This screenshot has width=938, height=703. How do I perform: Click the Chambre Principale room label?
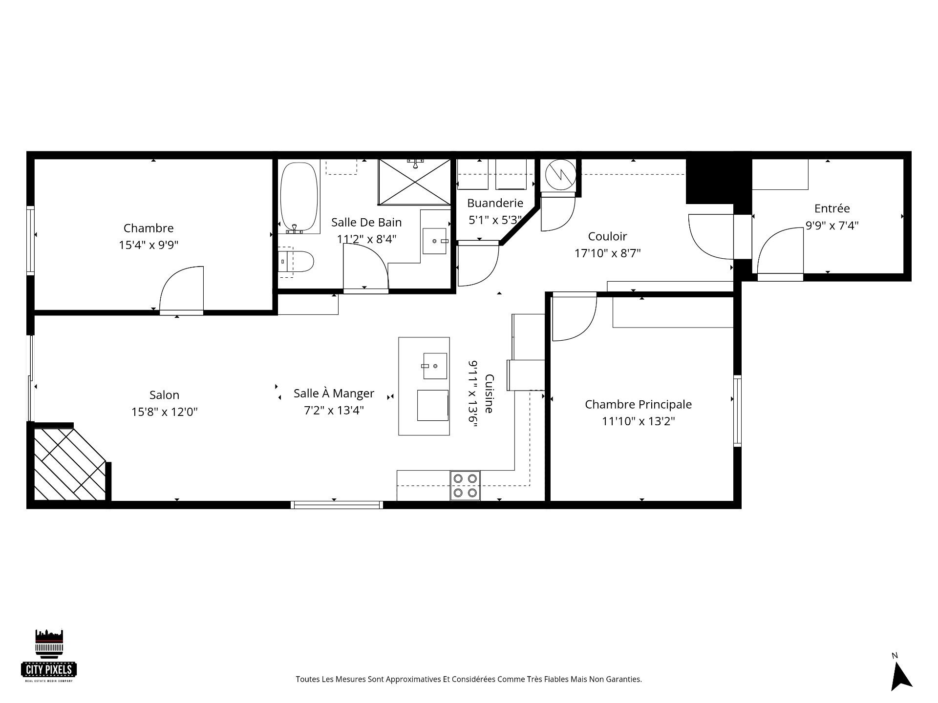pyautogui.click(x=638, y=404)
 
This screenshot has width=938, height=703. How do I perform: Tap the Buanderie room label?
pyautogui.click(x=495, y=203)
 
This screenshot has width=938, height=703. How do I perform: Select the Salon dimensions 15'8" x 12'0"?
pyautogui.click(x=164, y=412)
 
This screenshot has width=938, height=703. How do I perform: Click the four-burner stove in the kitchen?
pyautogui.click(x=465, y=486)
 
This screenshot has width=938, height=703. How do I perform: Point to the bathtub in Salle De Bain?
pyautogui.click(x=298, y=197)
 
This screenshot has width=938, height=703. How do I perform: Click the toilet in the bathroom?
pyautogui.click(x=296, y=262)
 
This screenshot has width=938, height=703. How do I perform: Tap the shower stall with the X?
pyautogui.click(x=414, y=182)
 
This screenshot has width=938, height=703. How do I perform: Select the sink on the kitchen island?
pyautogui.click(x=435, y=366)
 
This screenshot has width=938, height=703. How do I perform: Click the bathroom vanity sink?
pyautogui.click(x=434, y=241)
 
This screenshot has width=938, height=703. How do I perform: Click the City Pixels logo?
pyautogui.click(x=49, y=656)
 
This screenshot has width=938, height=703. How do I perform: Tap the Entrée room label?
pyautogui.click(x=832, y=208)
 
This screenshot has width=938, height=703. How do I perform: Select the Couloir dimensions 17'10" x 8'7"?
pyautogui.click(x=607, y=253)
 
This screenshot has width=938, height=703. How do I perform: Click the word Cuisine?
pyautogui.click(x=489, y=393)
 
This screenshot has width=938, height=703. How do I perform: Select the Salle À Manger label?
pyautogui.click(x=334, y=393)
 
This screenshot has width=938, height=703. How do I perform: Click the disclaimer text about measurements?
pyautogui.click(x=469, y=679)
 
